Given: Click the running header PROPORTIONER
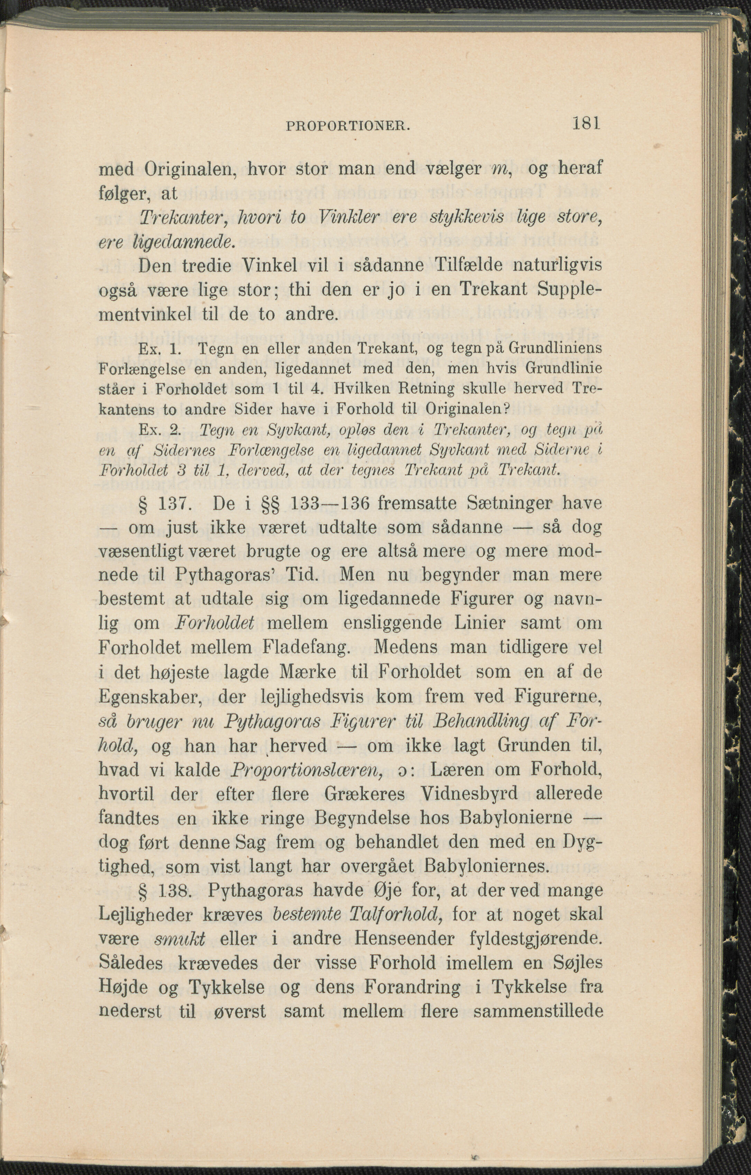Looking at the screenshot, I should click(347, 126).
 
